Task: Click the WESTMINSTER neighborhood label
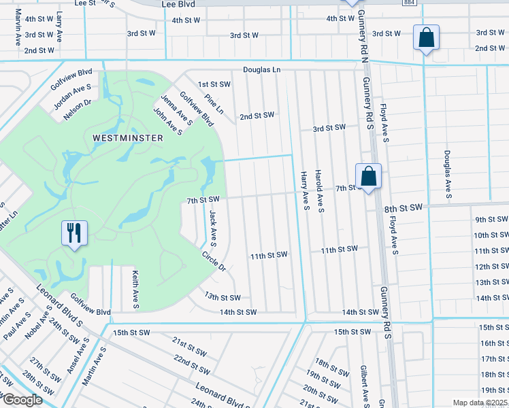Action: tap(128, 138)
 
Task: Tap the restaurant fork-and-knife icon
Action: tap(73, 233)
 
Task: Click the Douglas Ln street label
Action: tap(262, 70)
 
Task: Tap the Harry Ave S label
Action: tap(306, 190)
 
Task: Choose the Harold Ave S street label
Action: tap(318, 190)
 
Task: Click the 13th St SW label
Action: tap(223, 297)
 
